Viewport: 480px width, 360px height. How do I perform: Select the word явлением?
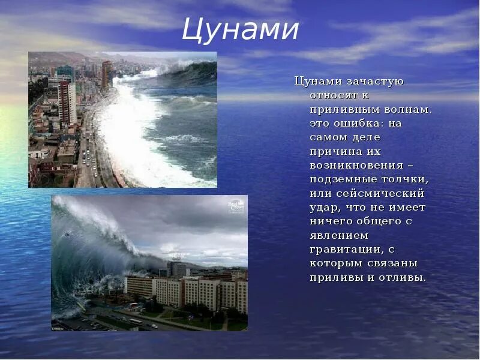coord(338,235)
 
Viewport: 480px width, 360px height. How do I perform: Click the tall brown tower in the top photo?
coord(107,75)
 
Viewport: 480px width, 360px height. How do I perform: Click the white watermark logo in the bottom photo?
coord(236,206)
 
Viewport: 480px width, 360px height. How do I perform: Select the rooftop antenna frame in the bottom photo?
coord(175,255)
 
